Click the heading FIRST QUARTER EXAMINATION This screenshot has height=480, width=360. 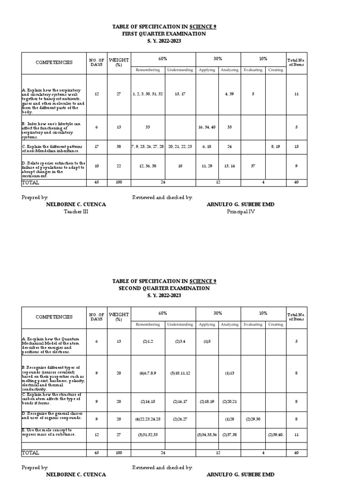pyautogui.click(x=164, y=34)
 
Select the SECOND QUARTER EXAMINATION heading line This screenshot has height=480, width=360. pyautogui.click(x=164, y=288)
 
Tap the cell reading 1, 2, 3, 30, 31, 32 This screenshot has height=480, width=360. pyautogui.click(x=148, y=94)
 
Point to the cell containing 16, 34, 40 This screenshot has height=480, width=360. pyautogui.click(x=207, y=127)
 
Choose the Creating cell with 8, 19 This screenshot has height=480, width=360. pyautogui.click(x=275, y=147)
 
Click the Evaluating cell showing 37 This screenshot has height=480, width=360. pyautogui.click(x=253, y=165)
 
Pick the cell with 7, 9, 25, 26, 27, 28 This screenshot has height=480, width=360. pyautogui.click(x=148, y=147)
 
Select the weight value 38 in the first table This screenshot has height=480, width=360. pyautogui.click(x=119, y=147)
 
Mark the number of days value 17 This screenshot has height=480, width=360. pyautogui.click(x=97, y=147)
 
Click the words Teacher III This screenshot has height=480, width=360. pyautogui.click(x=76, y=211)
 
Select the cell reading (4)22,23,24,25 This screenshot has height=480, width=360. pyautogui.click(x=148, y=419)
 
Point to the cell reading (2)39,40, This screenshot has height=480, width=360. pyautogui.click(x=275, y=435)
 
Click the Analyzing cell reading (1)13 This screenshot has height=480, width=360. pyautogui.click(x=229, y=373)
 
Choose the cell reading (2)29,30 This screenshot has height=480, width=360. pyautogui.click(x=253, y=419)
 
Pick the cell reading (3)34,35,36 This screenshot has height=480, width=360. pyautogui.click(x=207, y=435)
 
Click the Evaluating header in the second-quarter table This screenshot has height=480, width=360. pyautogui.click(x=253, y=324)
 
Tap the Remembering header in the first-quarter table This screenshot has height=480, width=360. pyautogui.click(x=148, y=70)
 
